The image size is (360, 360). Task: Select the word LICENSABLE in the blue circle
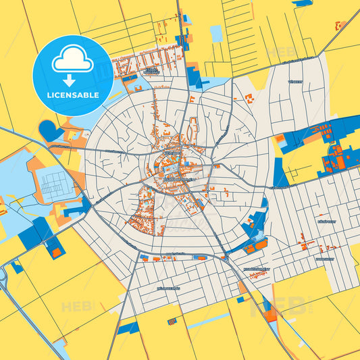point(72,95)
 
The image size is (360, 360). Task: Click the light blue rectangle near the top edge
point(216,32)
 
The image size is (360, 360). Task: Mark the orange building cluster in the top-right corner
point(338,26)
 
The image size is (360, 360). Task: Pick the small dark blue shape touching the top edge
point(301,3)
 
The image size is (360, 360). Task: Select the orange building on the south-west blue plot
point(57,252)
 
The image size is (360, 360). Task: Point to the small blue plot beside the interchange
point(18,267)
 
